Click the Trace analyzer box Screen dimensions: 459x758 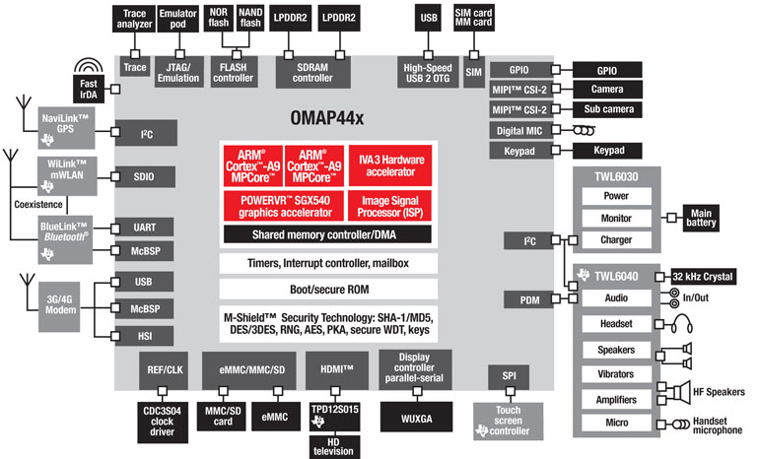pos(134,18)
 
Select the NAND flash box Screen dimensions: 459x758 pos(251,18)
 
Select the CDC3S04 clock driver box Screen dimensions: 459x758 pos(162,417)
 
